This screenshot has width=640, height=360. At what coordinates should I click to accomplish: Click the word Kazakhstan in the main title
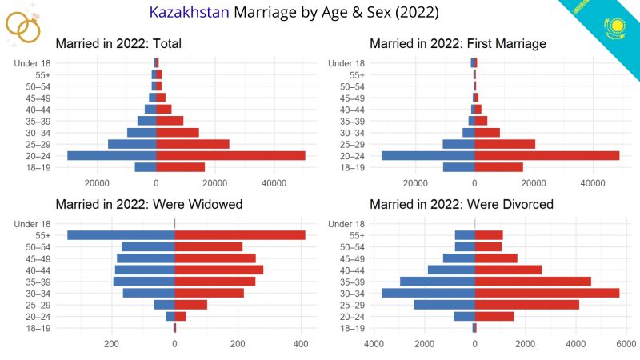pos(188,14)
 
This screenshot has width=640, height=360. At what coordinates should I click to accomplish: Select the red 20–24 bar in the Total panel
pos(230,156)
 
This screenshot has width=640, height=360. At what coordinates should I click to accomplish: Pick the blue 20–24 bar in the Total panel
pos(111,156)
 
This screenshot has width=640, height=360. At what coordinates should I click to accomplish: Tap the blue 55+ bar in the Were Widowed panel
pos(121,235)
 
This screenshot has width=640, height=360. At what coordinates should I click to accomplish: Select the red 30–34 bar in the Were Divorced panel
pos(547,293)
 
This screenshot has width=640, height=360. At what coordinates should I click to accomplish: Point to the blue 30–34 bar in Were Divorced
pos(428,293)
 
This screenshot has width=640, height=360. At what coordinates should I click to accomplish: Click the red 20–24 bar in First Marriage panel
pos(547,156)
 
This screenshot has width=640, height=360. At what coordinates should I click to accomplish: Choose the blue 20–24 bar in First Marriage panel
pos(428,156)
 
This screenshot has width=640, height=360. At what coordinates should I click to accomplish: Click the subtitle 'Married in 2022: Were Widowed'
pos(149,205)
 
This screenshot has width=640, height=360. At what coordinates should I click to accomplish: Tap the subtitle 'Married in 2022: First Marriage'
pos(458,43)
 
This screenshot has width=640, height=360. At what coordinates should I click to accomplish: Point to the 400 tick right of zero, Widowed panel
pos(300,345)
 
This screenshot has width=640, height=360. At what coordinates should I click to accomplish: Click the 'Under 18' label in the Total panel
pos(33,63)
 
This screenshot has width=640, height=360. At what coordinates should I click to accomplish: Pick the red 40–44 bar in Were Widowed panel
pos(218,270)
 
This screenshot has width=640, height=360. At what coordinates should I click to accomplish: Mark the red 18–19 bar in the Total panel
pos(180,167)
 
